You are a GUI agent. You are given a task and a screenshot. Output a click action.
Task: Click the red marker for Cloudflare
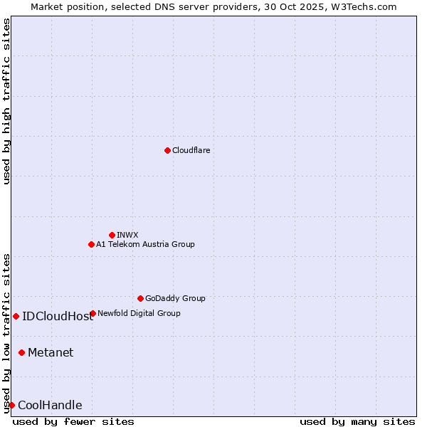pos(167,150)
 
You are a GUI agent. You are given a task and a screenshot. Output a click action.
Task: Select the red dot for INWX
pos(112,235)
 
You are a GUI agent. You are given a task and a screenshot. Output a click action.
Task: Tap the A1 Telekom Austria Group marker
pos(91,244)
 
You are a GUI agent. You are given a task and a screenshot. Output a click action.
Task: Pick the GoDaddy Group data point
pos(140,298)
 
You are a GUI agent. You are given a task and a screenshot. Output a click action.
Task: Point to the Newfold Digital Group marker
pos(93,313)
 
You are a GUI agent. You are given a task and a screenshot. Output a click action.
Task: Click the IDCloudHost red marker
pos(16,316)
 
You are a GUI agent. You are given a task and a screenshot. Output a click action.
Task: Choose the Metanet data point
pos(21,352)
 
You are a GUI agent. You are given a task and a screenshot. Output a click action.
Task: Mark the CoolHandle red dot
pos(11,405)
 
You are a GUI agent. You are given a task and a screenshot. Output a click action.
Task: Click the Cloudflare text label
pos(191,150)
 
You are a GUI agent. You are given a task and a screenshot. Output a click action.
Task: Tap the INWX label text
pos(127,235)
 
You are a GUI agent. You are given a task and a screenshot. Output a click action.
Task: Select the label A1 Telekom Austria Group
pos(145,244)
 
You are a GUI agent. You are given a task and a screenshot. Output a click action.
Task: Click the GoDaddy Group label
pos(175,298)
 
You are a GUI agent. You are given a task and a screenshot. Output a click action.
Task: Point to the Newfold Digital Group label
pos(139,313)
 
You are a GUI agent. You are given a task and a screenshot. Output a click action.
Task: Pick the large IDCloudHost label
pos(58,317)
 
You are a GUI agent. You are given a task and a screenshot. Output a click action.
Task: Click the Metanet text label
pos(51,352)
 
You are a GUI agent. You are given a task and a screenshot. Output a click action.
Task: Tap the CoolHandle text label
pos(50,406)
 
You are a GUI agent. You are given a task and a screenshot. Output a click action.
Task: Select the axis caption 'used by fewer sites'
pos(73,421)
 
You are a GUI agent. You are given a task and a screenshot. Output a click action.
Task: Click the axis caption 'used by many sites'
pos(357,421)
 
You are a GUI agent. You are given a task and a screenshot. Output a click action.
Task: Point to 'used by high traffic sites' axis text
pos(6,101)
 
